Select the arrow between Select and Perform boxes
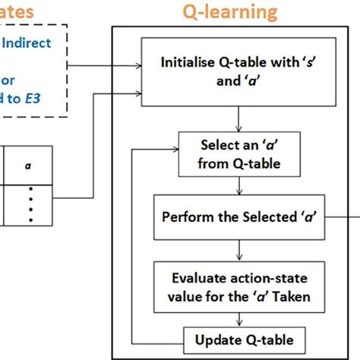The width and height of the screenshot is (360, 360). (239, 187)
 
